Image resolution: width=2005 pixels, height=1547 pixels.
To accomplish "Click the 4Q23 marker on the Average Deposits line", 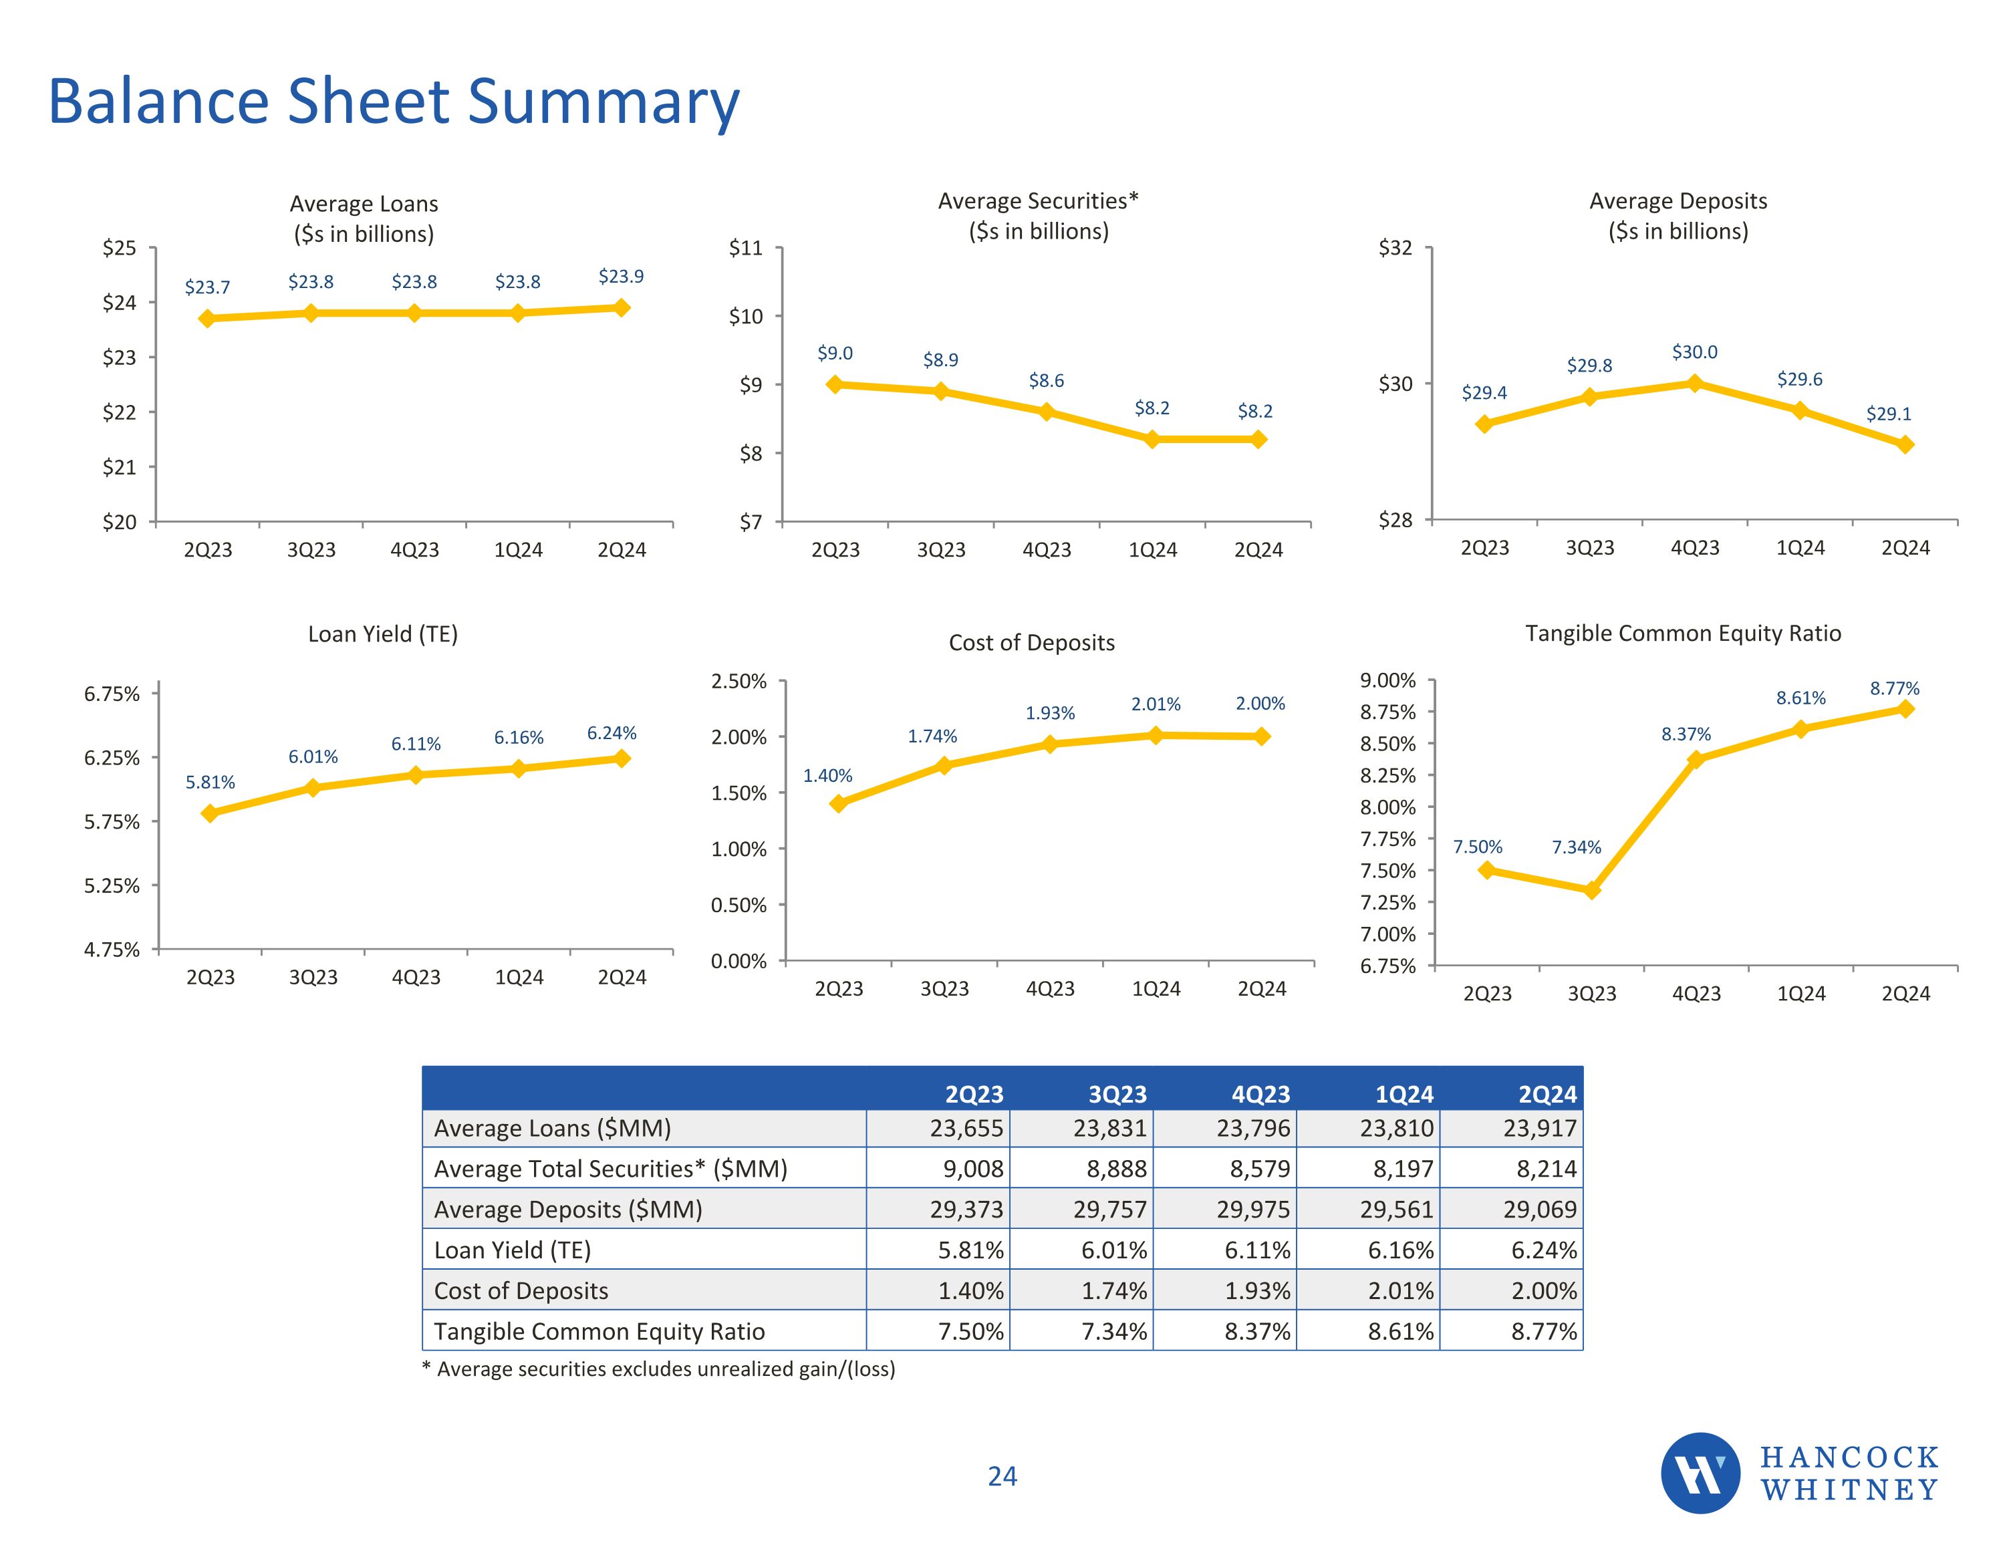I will point(1695,383).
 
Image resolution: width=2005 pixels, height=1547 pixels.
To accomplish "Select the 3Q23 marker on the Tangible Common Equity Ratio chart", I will point(1592,889).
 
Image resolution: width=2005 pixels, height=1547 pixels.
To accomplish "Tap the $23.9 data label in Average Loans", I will point(621,277).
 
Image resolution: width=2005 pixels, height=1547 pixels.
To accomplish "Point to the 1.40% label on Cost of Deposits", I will point(827,776).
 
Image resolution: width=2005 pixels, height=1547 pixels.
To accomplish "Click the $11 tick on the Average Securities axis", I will point(745,248).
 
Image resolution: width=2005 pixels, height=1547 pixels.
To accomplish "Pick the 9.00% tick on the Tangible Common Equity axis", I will point(1387,680).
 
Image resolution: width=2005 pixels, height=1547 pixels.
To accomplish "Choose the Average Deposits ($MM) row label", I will point(567,1209).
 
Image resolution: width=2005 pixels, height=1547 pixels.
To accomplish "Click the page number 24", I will point(1002,1476).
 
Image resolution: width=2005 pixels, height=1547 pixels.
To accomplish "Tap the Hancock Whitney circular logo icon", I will point(1700,1473).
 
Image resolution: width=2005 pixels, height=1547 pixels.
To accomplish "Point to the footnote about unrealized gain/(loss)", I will point(658,1369).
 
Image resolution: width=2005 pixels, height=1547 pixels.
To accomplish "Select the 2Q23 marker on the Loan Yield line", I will point(211,813).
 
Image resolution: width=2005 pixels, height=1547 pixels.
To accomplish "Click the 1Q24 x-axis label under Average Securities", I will point(1152,550).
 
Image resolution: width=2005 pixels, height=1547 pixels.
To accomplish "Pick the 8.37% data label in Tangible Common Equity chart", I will point(1686,734).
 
